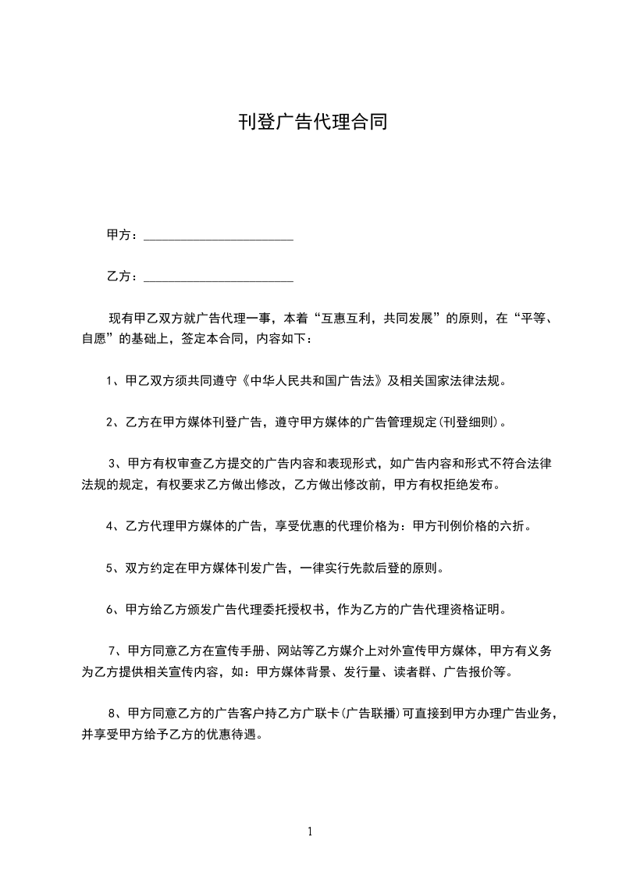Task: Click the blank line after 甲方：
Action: click(219, 235)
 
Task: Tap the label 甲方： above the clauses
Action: click(123, 235)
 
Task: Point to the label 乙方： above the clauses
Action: click(123, 276)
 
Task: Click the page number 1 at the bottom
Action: click(310, 831)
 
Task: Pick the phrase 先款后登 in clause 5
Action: click(378, 568)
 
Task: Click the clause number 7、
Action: click(114, 650)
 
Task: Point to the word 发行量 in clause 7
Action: click(356, 671)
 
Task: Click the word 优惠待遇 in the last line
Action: click(239, 734)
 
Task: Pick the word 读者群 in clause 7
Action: click(409, 671)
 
